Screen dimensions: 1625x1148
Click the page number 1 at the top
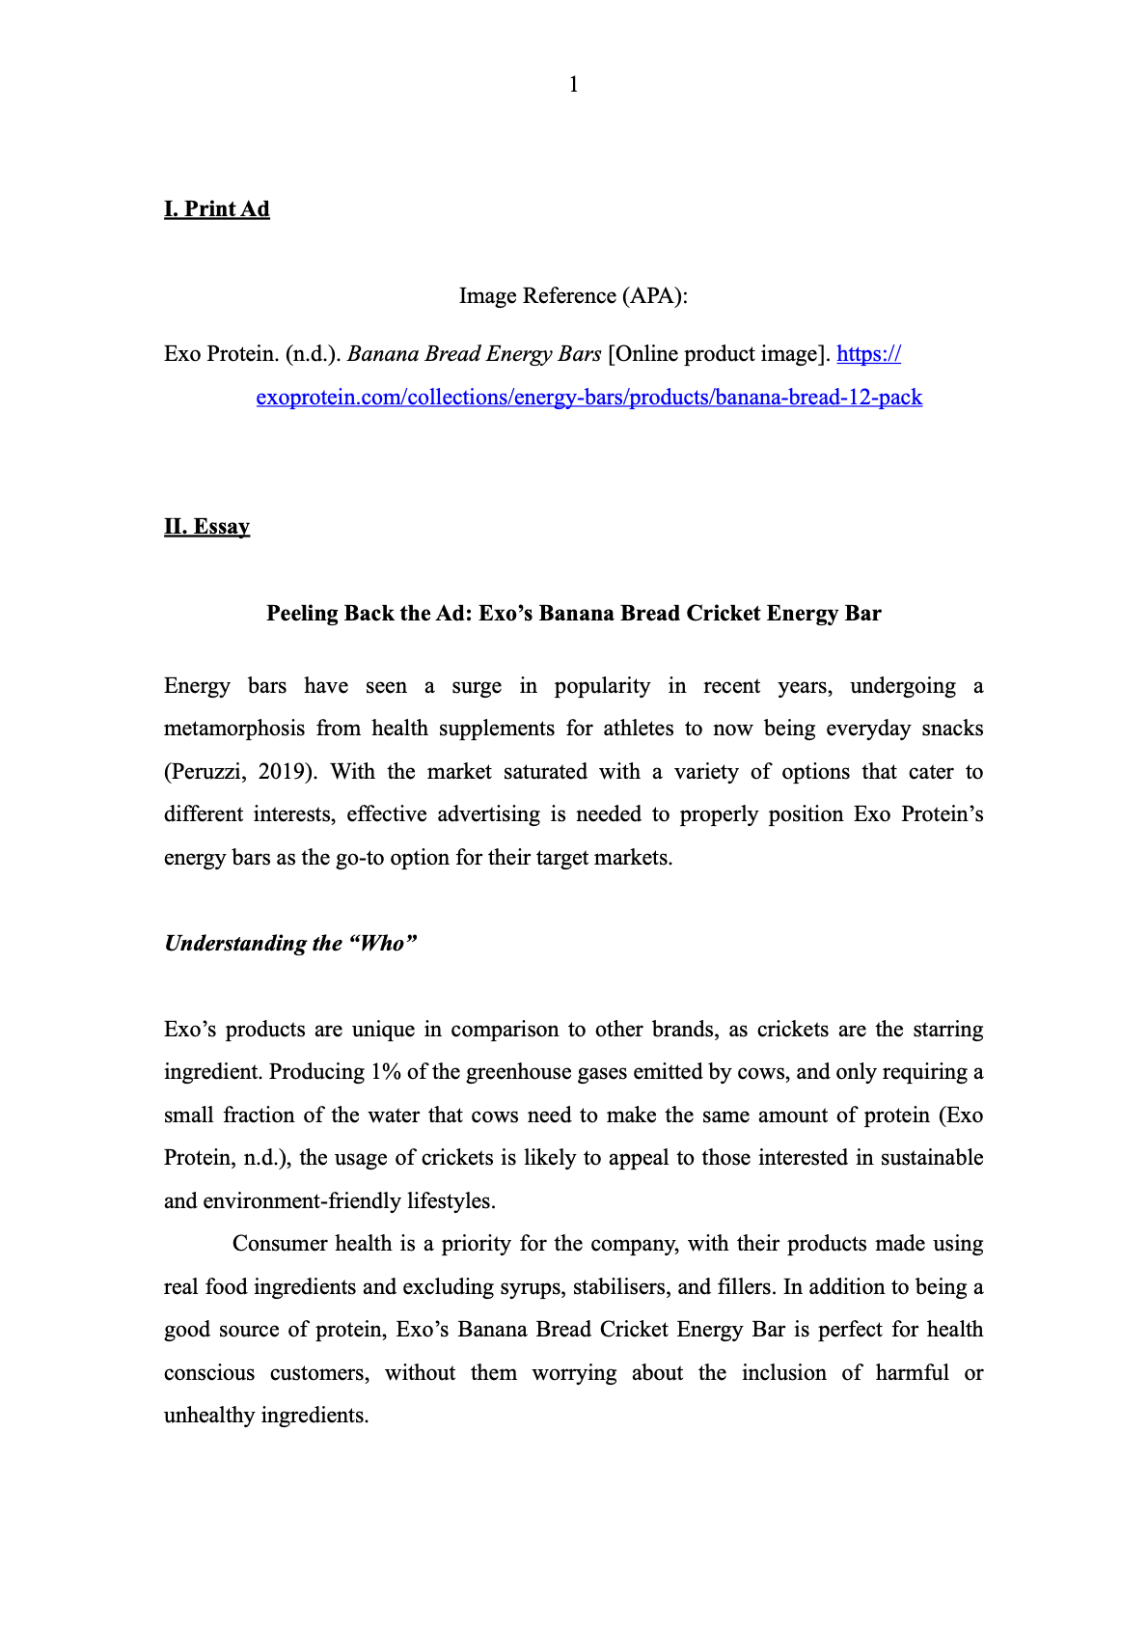pos(574,85)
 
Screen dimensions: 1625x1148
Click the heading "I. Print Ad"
pos(217,209)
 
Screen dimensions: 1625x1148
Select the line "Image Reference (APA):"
pos(573,295)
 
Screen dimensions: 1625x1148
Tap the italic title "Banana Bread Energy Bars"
pos(474,354)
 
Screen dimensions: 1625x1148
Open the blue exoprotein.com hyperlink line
pos(588,398)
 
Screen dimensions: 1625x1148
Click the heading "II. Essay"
pos(207,527)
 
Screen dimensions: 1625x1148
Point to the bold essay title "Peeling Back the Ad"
pos(573,614)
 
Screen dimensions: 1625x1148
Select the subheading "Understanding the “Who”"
pos(290,944)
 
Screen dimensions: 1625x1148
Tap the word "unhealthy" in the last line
pos(209,1416)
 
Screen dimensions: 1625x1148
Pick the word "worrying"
pos(574,1373)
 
